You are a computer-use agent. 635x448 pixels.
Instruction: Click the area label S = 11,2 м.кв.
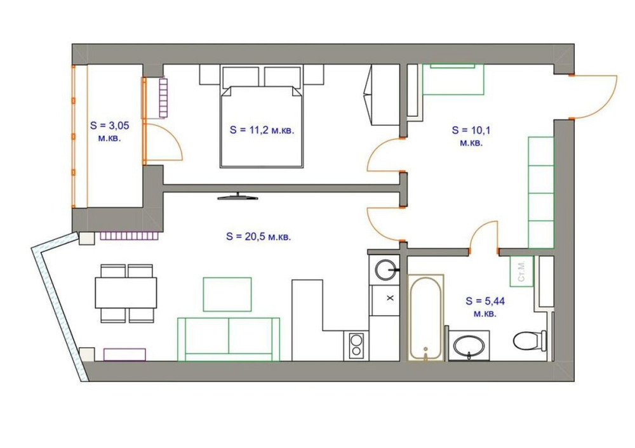click(261, 129)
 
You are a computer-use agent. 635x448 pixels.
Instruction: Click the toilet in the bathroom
click(529, 340)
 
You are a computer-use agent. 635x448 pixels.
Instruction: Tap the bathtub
click(425, 317)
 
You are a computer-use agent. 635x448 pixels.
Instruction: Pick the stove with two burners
click(356, 346)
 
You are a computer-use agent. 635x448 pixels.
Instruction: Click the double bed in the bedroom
click(261, 126)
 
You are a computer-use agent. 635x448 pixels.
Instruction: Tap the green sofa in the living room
click(229, 339)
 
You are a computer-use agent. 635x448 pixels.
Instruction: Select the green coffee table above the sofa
click(227, 294)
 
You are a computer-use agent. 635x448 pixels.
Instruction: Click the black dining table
click(126, 293)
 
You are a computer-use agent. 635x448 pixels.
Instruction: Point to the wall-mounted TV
click(238, 197)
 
